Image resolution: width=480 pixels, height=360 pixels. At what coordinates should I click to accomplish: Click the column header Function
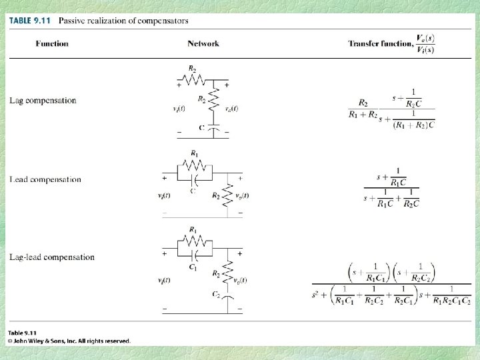pos(52,44)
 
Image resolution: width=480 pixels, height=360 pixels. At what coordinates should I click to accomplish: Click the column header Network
pos(203,44)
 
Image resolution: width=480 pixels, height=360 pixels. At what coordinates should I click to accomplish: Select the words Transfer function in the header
pos(377,44)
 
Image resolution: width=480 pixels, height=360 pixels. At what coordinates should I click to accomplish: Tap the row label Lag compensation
pos(43,101)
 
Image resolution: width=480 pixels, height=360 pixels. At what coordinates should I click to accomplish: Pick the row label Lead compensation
pos(45,179)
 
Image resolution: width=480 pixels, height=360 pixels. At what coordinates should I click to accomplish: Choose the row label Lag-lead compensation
pos(52,257)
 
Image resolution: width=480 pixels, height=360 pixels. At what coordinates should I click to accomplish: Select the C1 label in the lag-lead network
pos(193,267)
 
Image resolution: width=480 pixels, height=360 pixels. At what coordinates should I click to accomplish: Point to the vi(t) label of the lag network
pos(179,109)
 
